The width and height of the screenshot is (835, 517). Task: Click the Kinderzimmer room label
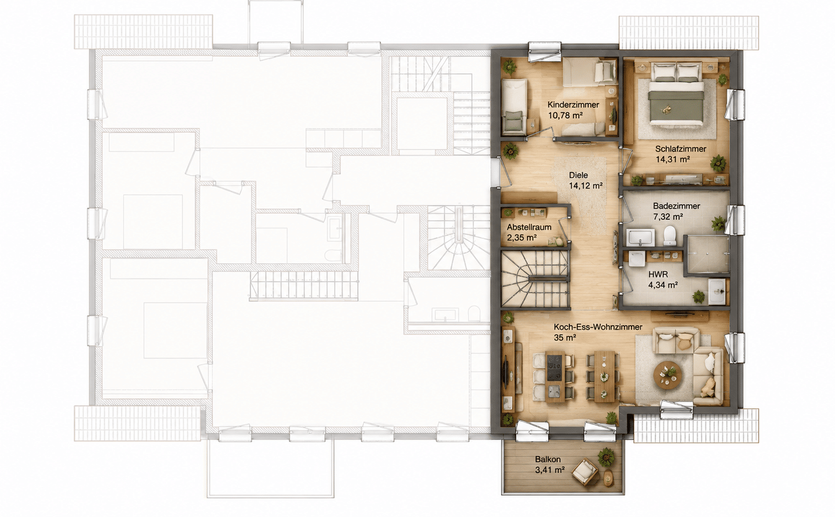(573, 105)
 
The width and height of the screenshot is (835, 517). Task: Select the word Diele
(578, 175)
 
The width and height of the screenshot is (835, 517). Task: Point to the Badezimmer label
(677, 206)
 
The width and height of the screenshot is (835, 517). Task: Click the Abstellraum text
(529, 227)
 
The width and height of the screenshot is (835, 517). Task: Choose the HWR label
(658, 275)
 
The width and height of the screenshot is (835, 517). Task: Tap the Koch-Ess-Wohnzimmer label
(598, 327)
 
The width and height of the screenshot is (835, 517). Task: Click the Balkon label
(547, 460)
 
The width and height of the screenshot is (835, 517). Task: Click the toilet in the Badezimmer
(670, 236)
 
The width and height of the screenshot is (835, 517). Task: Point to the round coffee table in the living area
(668, 376)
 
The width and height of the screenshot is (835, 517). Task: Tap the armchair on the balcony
(584, 472)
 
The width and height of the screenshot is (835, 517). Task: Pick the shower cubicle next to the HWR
(708, 255)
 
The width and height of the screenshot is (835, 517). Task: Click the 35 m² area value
(565, 338)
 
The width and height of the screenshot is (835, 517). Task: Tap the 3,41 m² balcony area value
(550, 470)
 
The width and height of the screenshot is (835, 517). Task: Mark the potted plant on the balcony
(606, 457)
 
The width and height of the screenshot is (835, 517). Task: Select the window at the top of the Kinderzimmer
(545, 51)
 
